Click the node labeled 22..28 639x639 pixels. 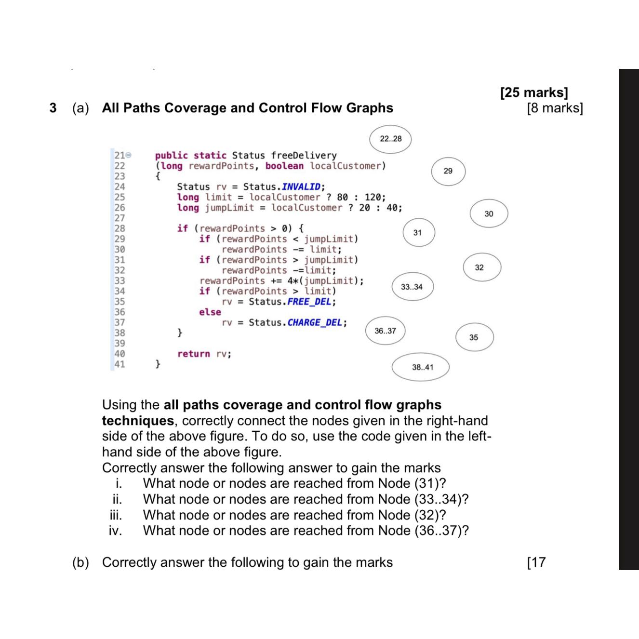point(390,139)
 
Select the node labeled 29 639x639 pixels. point(448,171)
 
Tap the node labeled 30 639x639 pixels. point(489,213)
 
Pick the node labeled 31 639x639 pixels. point(417,233)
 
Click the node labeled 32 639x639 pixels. point(479,267)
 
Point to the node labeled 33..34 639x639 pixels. point(412,287)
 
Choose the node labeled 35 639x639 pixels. point(474,337)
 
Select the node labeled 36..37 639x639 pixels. point(385,331)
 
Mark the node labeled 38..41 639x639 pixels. point(422,367)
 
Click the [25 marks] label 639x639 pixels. point(534,92)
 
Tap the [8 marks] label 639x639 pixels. point(555,108)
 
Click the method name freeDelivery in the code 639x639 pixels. point(304,156)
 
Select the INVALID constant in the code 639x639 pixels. point(301,187)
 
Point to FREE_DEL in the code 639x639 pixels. point(309,302)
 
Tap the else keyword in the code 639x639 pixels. point(210,312)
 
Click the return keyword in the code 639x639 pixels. point(194,354)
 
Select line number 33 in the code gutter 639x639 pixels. point(120,280)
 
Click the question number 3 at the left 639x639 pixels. point(53,108)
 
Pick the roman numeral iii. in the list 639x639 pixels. point(115,515)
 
